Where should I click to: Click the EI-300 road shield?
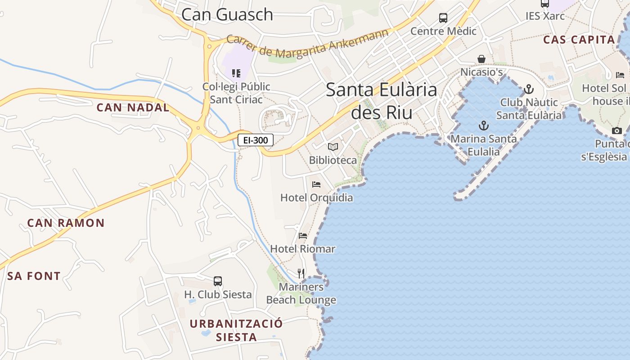pos(256,140)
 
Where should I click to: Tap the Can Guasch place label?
pos(227,14)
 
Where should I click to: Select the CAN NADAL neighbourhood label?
pos(133,108)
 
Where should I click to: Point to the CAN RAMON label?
pos(66,223)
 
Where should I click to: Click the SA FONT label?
pos(34,276)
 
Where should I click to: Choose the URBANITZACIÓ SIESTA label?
pos(236,330)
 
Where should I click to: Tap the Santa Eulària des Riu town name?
pos(382,101)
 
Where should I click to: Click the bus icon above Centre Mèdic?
pos(443,18)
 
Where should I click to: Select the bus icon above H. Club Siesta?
pos(218,281)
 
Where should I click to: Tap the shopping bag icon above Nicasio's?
pos(481,59)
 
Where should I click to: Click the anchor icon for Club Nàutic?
pos(529,89)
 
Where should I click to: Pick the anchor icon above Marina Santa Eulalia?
pos(484,125)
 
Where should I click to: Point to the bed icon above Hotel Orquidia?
pos(316,184)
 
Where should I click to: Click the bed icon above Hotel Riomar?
pos(303,236)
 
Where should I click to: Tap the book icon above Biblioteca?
pos(333,147)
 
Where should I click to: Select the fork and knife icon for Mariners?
pos(301,273)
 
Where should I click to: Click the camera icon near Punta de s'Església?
pos(617,131)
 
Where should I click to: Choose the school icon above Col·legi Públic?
pos(236,73)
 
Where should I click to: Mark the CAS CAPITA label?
pos(579,40)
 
